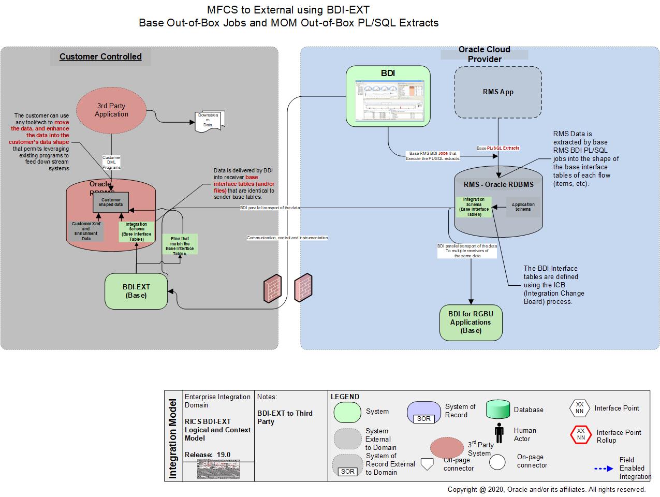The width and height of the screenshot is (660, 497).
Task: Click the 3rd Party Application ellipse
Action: (111, 110)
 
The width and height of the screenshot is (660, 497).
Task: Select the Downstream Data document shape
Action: (210, 121)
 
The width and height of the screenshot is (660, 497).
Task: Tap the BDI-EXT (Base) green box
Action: (136, 291)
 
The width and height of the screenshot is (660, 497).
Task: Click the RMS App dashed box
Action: (498, 92)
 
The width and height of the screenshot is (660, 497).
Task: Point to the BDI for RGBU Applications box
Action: (471, 322)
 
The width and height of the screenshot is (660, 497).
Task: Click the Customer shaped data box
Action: (111, 202)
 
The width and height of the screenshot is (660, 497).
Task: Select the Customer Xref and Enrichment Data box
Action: (86, 231)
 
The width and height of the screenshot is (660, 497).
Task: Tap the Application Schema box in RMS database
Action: (523, 207)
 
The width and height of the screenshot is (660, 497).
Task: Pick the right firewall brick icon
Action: (303, 288)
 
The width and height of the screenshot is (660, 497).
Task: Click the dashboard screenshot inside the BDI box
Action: (388, 100)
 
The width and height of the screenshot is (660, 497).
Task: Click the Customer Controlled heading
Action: (100, 56)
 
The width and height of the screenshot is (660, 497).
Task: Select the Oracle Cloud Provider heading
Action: (484, 54)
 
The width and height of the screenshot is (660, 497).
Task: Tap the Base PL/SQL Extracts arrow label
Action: (497, 148)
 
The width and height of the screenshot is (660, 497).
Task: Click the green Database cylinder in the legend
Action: (498, 410)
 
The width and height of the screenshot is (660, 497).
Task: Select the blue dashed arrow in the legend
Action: (603, 469)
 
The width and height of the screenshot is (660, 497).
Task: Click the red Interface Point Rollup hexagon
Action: (580, 434)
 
